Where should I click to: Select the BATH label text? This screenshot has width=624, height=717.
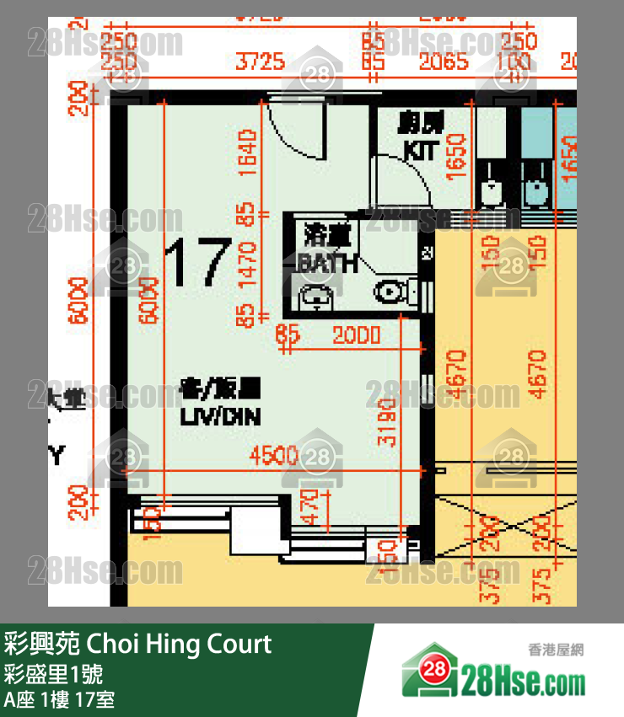pyautogui.click(x=326, y=264)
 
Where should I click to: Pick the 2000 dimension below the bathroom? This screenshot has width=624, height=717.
pyautogui.click(x=356, y=335)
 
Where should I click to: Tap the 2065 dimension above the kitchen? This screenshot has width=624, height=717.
pyautogui.click(x=444, y=62)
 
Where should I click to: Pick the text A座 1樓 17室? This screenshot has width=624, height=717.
pyautogui.click(x=59, y=699)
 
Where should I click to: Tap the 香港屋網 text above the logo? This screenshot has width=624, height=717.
pyautogui.click(x=556, y=650)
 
